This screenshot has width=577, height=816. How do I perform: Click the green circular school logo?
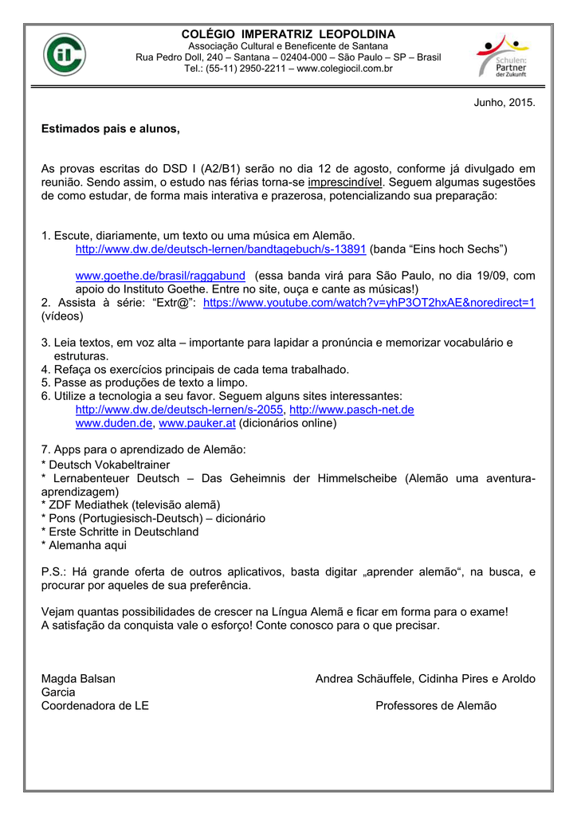65,54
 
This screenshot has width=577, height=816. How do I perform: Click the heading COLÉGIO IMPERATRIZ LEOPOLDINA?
288,34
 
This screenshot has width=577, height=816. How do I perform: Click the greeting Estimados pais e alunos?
111,128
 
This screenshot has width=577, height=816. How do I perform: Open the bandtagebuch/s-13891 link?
220,249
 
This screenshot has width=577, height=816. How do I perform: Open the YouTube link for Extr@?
369,303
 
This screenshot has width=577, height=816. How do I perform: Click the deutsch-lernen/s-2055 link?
179,410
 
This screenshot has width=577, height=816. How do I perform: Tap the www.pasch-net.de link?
351,410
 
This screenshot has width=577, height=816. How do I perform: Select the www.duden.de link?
113,423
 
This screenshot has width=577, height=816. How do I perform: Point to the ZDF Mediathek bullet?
130,504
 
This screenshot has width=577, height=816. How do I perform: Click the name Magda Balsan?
78,679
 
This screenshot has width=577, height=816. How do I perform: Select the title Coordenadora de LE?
95,706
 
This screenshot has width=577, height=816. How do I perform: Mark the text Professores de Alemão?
435,706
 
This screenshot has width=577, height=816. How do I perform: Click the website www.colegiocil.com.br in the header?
344,69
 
